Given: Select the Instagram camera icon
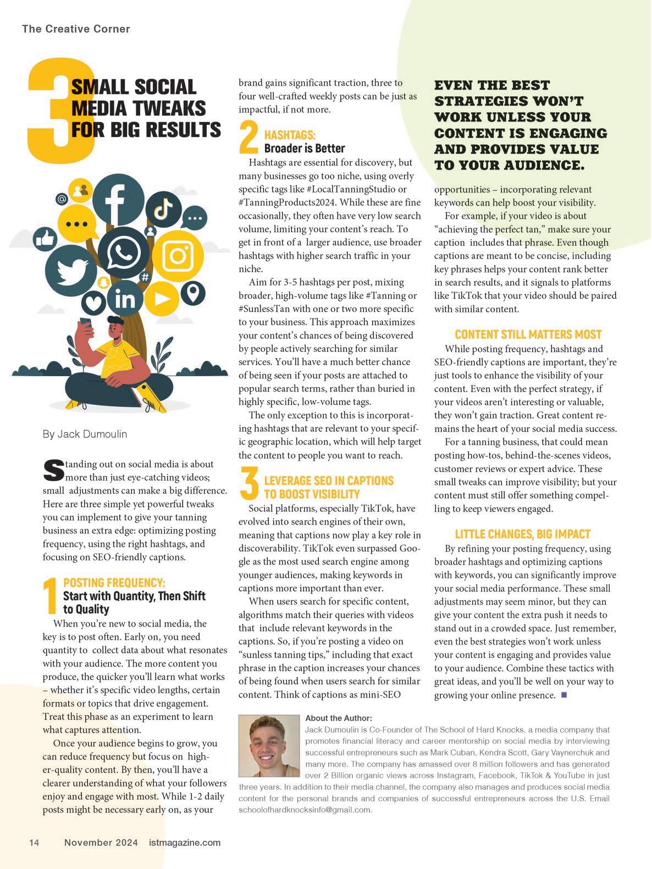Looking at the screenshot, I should tap(178, 256).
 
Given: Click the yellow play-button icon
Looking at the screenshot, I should tap(161, 299).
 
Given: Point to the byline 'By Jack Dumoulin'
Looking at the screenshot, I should tap(85, 434).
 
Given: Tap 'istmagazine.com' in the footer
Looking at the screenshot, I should tap(185, 843).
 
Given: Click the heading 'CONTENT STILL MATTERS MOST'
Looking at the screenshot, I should tap(528, 334).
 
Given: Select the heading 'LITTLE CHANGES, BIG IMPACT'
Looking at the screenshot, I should tap(522, 534).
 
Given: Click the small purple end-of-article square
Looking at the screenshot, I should tap(563, 696).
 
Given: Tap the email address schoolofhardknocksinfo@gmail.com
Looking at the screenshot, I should tap(305, 810).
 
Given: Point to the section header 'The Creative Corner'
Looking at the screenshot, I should tap(76, 29).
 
